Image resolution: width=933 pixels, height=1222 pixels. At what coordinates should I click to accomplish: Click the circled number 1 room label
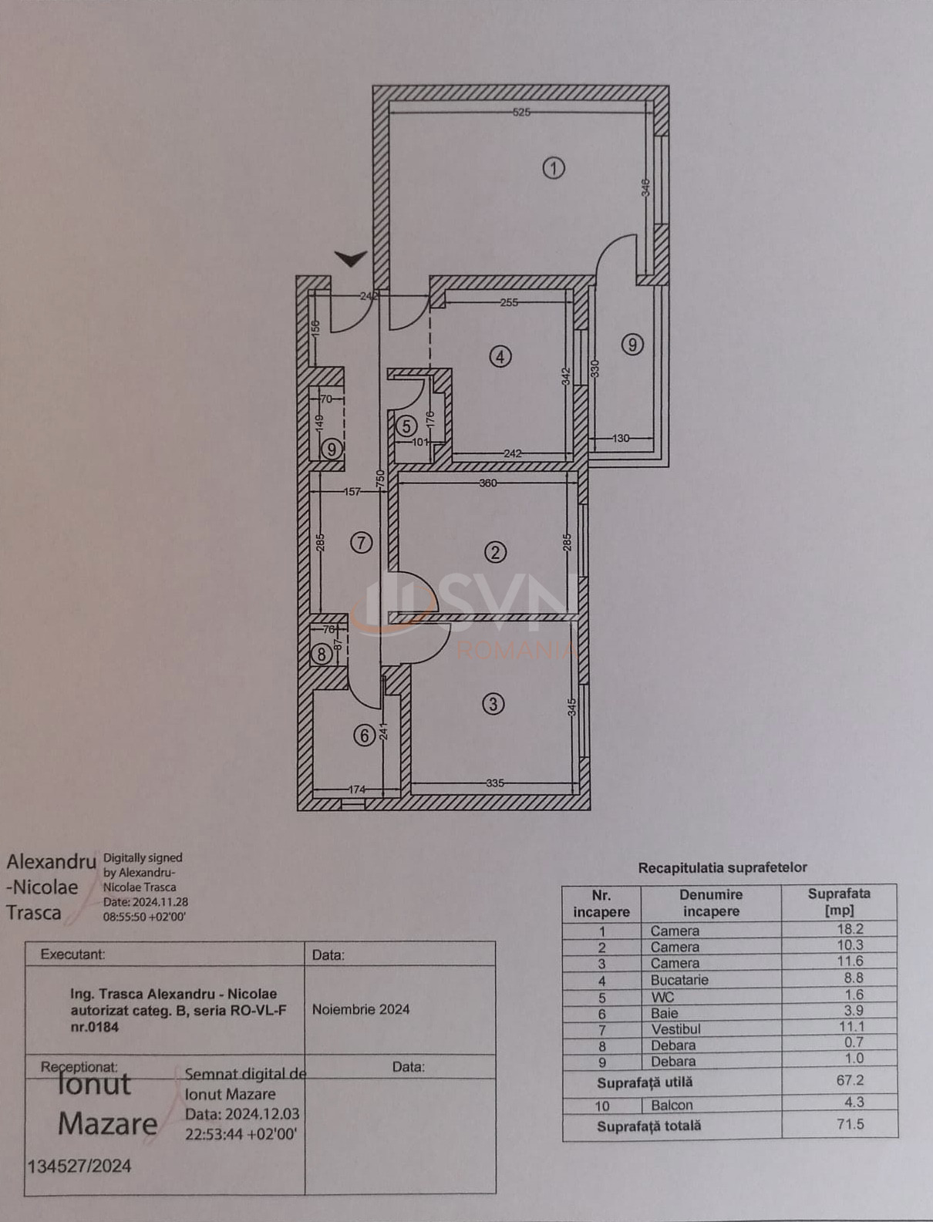click(553, 168)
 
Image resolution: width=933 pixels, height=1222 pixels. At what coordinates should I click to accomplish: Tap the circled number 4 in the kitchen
click(500, 357)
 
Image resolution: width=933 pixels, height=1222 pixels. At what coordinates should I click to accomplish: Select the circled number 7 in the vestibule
click(361, 543)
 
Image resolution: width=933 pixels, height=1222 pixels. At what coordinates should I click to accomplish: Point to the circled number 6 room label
click(365, 736)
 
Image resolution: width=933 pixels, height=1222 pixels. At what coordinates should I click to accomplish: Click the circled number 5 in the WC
click(406, 426)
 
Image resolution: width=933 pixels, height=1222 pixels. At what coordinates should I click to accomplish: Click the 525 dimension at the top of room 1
click(521, 113)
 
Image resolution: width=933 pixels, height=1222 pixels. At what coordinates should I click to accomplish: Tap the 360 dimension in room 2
click(488, 483)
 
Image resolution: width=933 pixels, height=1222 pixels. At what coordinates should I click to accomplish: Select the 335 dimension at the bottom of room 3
click(495, 783)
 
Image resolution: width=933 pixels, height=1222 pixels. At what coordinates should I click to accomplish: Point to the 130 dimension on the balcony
click(621, 438)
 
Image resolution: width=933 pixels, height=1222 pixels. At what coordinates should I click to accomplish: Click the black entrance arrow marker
click(351, 258)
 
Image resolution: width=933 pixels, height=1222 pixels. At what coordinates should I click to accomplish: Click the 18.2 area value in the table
click(850, 930)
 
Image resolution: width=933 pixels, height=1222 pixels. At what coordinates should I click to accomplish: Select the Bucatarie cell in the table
click(679, 980)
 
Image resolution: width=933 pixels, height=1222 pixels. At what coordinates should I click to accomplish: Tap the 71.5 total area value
click(850, 1124)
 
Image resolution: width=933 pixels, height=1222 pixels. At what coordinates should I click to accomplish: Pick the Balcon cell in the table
click(672, 1105)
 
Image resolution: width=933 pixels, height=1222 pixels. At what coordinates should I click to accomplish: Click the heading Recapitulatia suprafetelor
click(722, 867)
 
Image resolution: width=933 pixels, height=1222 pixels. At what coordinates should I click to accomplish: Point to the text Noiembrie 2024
click(361, 1009)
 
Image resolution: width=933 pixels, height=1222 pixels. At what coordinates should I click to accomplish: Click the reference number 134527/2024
click(79, 1166)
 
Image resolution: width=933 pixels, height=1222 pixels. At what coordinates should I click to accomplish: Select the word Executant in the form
click(72, 954)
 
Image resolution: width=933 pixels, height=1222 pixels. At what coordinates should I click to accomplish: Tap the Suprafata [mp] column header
click(839, 902)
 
